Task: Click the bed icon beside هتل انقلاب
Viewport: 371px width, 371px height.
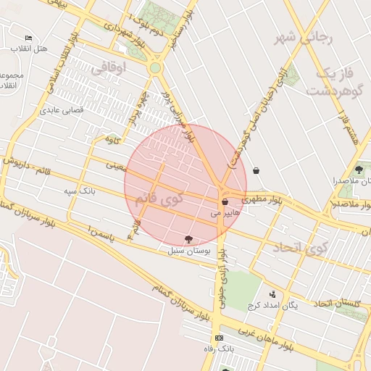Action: pyautogui.click(x=28, y=38)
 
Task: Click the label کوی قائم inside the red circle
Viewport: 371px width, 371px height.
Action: pyautogui.click(x=180, y=199)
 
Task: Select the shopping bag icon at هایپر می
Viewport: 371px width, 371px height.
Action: pyautogui.click(x=225, y=201)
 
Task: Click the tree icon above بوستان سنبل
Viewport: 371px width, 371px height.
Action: pyautogui.click(x=189, y=239)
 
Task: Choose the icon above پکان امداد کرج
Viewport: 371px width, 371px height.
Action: pyautogui.click(x=272, y=294)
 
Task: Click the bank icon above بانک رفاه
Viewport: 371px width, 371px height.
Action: pyautogui.click(x=220, y=338)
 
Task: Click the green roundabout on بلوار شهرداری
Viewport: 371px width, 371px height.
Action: pyautogui.click(x=154, y=68)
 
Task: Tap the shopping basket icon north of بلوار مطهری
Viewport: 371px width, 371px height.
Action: pyautogui.click(x=257, y=171)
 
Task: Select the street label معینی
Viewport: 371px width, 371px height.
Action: pyautogui.click(x=116, y=165)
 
